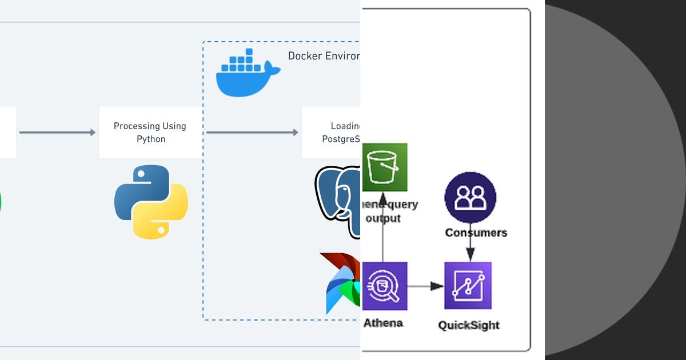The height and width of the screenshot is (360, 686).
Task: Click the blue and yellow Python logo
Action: coord(151,202)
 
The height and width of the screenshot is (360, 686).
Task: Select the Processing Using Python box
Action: coord(150,133)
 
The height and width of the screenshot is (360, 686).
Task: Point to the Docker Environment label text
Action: coord(324,56)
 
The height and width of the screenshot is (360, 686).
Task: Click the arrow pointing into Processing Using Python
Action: coord(57,133)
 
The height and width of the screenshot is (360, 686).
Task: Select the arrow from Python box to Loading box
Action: coord(252,133)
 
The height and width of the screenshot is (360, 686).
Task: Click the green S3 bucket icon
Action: coord(385,167)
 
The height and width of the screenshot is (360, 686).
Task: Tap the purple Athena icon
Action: coord(385,286)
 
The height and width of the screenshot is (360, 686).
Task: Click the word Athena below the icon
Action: coord(383,323)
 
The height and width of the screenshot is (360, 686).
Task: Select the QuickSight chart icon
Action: coord(468,286)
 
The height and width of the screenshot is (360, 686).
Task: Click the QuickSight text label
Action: coord(469,325)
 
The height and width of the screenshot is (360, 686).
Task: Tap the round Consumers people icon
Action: coord(470,197)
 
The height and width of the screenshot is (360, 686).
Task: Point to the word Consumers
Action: coord(476,233)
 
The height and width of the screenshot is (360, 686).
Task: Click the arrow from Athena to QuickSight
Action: coord(425,286)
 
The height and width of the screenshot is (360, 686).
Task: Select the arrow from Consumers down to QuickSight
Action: coord(470,250)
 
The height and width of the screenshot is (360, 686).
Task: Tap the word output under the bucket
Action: coord(383,218)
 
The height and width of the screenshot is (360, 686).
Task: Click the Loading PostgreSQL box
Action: coord(332,133)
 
